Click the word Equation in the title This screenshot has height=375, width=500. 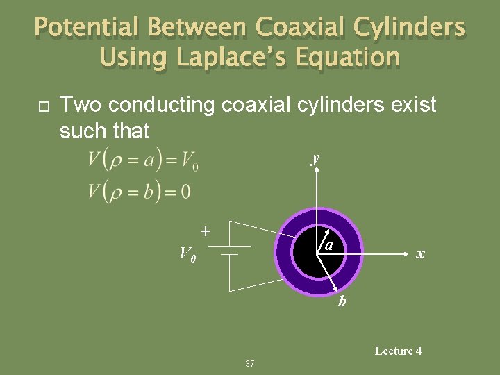pos(349,57)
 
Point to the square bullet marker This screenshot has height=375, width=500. pos(40,106)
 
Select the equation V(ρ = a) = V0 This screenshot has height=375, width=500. pos(143,160)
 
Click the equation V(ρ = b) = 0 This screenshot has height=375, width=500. pos(139,190)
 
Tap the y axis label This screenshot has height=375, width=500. pos(316,158)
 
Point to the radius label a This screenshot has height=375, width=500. pos(329,246)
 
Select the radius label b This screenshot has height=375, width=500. pos(342,301)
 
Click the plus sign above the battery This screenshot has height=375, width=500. pos(206,230)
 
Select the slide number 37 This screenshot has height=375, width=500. pos(250,363)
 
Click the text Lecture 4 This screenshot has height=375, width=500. pos(398,351)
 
